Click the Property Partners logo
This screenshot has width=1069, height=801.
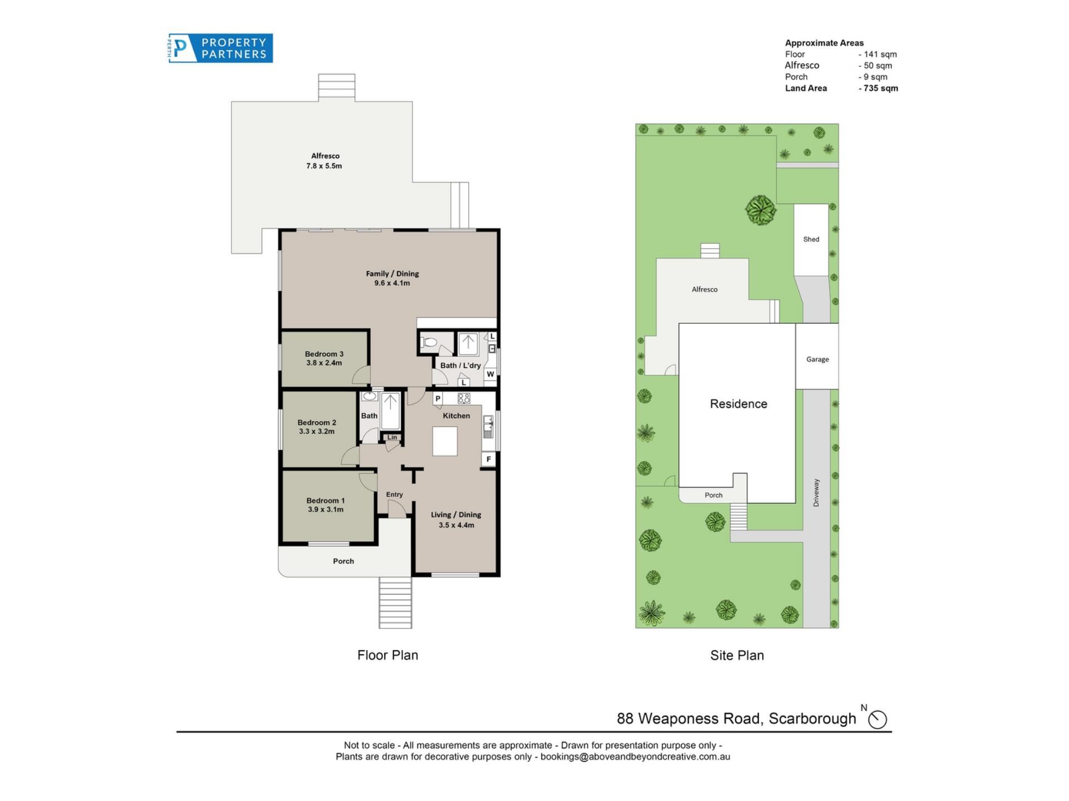point(220,48)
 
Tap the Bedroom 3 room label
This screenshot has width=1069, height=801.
point(324,354)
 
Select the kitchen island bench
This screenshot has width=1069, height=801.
point(445,441)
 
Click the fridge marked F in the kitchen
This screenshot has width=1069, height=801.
point(488,459)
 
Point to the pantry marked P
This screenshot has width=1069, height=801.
point(438,398)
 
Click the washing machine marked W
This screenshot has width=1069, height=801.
point(490,374)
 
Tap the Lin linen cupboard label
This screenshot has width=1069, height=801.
point(393,437)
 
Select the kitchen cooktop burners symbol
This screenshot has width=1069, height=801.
point(464,398)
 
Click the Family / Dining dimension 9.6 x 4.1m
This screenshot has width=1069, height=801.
point(392,283)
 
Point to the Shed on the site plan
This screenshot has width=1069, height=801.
point(811,240)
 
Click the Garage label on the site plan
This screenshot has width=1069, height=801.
point(817,359)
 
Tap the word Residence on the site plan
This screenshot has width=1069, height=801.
point(738,404)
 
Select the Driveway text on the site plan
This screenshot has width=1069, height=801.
point(816,493)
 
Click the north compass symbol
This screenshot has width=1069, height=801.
point(877,719)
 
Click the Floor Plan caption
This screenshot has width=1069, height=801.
point(388,655)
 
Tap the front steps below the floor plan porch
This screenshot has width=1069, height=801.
point(395,603)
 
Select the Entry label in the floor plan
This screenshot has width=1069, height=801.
point(394,495)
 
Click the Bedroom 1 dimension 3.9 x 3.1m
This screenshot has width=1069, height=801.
point(326,510)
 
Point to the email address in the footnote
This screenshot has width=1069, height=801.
point(635,757)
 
